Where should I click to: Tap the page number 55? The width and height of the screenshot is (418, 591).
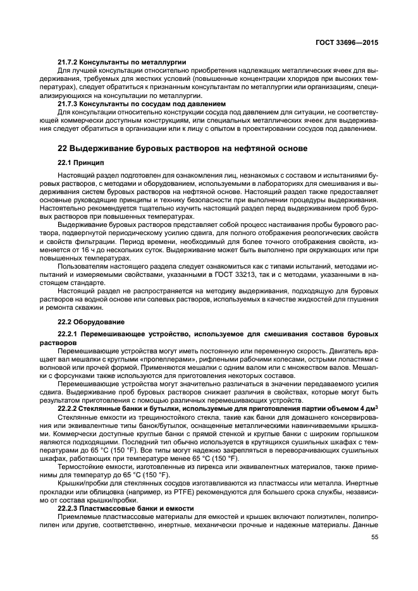point(374,537)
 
